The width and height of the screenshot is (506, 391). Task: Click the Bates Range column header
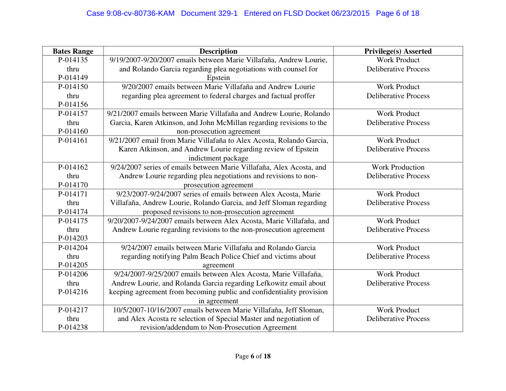point(73,51)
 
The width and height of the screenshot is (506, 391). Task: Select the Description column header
point(218,51)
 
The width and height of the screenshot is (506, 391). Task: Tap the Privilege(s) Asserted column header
point(398,51)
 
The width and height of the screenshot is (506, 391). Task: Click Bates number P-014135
point(73,60)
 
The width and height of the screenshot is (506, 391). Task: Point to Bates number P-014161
point(73,140)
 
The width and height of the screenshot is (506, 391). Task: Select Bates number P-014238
point(73,328)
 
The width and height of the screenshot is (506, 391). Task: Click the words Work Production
point(398,167)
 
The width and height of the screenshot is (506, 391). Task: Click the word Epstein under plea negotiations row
point(218,78)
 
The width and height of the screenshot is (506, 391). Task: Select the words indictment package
point(218,158)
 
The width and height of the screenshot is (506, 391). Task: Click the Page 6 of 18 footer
point(253,356)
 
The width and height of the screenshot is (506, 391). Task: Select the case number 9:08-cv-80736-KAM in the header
point(130,13)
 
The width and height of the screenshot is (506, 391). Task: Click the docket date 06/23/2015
point(350,13)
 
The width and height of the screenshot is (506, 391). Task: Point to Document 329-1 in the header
point(209,13)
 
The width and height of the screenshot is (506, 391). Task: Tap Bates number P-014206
point(73,274)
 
